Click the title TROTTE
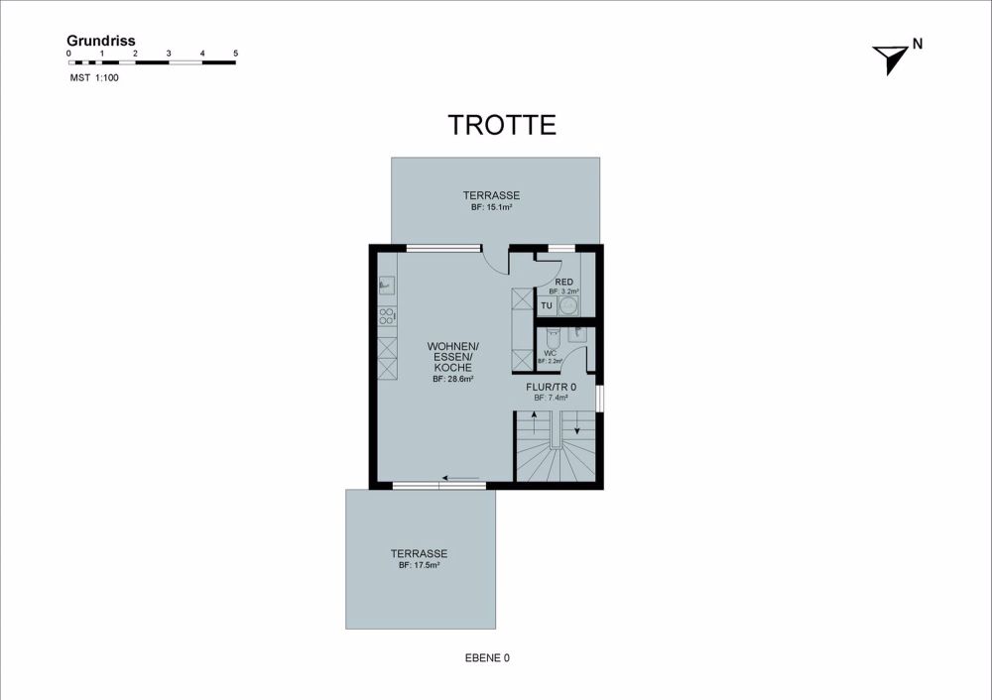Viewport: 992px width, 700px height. pos(502,125)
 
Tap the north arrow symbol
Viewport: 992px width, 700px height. pos(889,59)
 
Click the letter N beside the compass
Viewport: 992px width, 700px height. pos(918,43)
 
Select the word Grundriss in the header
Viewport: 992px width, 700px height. pos(101,41)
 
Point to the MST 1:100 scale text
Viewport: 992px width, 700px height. pos(94,77)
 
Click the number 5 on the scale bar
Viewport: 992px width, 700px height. pos(235,53)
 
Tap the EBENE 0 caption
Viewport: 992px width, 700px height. pos(487,657)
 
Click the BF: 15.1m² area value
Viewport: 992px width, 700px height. pos(491,208)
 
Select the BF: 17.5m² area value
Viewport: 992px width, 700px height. pos(419,565)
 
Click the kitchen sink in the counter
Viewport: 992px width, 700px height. pos(387,286)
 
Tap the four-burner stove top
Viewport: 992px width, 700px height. pos(387,317)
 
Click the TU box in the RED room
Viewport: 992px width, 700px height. pos(547,305)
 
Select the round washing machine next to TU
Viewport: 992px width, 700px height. pos(568,306)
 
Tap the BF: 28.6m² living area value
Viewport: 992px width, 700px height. pos(452,379)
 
